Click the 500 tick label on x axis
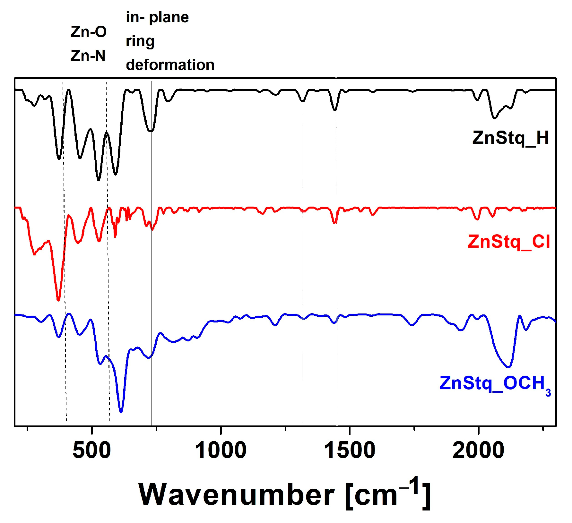pyautogui.click(x=92, y=450)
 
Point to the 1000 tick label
pyautogui.click(x=221, y=450)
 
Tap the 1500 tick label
pyautogui.click(x=350, y=450)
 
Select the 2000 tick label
pyautogui.click(x=478, y=450)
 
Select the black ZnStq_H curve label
pyautogui.click(x=510, y=138)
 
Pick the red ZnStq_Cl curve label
pyautogui.click(x=509, y=242)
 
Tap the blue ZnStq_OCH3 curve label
pyautogui.click(x=494, y=383)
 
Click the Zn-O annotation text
pyautogui.click(x=88, y=32)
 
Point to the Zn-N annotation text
pyautogui.click(x=88, y=56)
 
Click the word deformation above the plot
pyautogui.click(x=170, y=65)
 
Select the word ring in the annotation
pyautogui.click(x=140, y=41)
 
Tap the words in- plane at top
pyautogui.click(x=157, y=17)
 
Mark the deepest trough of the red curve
pyautogui.click(x=58, y=300)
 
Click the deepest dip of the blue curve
pyautogui.click(x=121, y=412)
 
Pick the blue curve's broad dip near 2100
pyautogui.click(x=508, y=366)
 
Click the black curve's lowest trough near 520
pyautogui.click(x=99, y=180)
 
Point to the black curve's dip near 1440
pyautogui.click(x=335, y=110)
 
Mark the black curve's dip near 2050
pyautogui.click(x=494, y=118)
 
